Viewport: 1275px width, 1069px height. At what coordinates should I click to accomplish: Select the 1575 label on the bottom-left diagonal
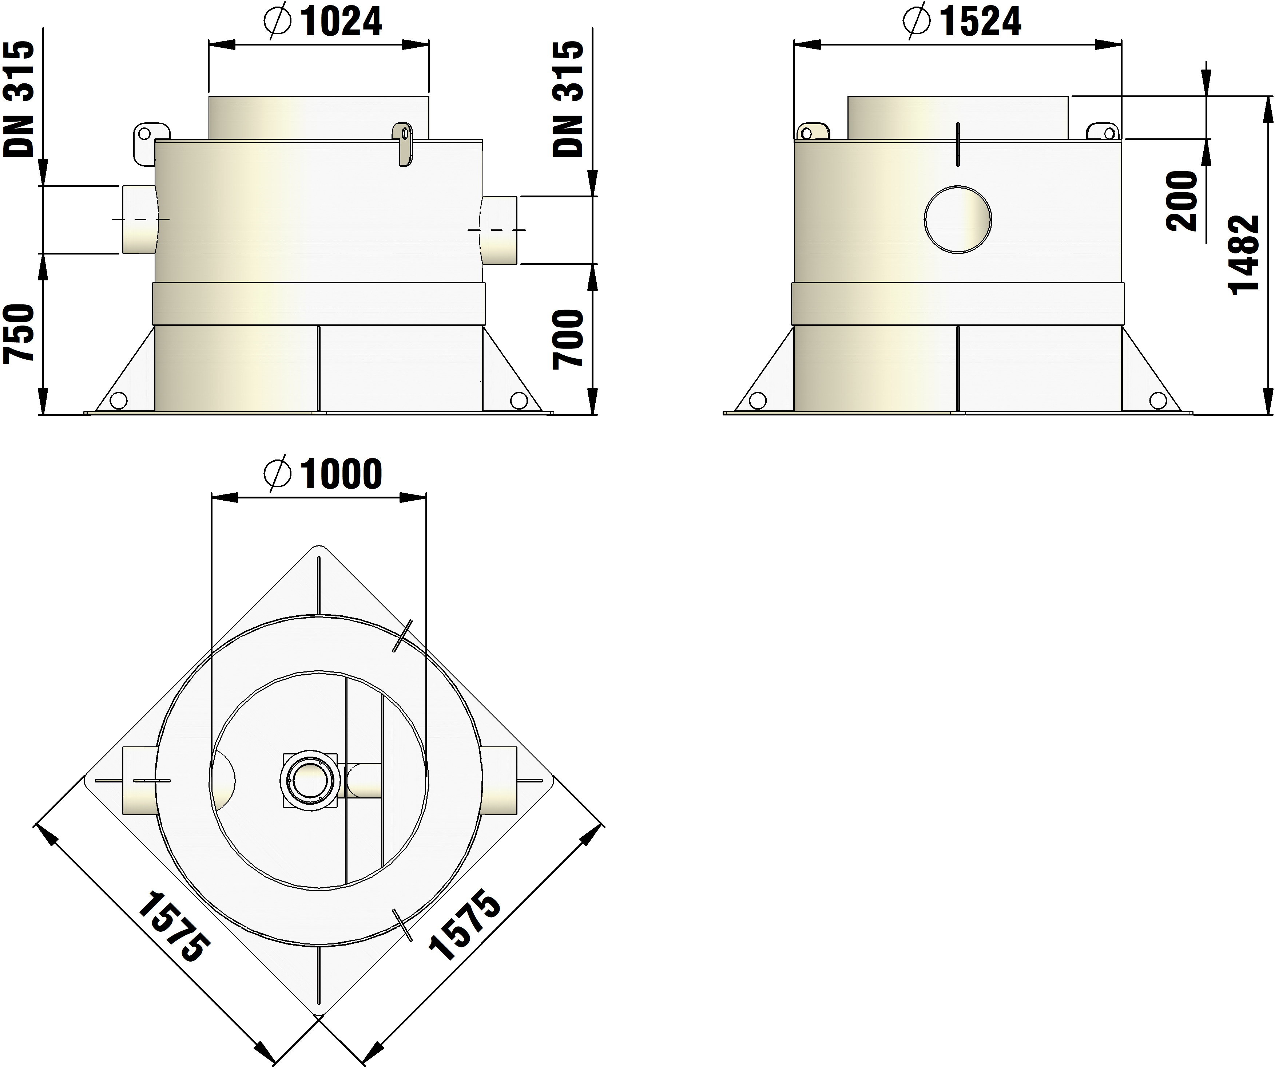[x=174, y=926]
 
